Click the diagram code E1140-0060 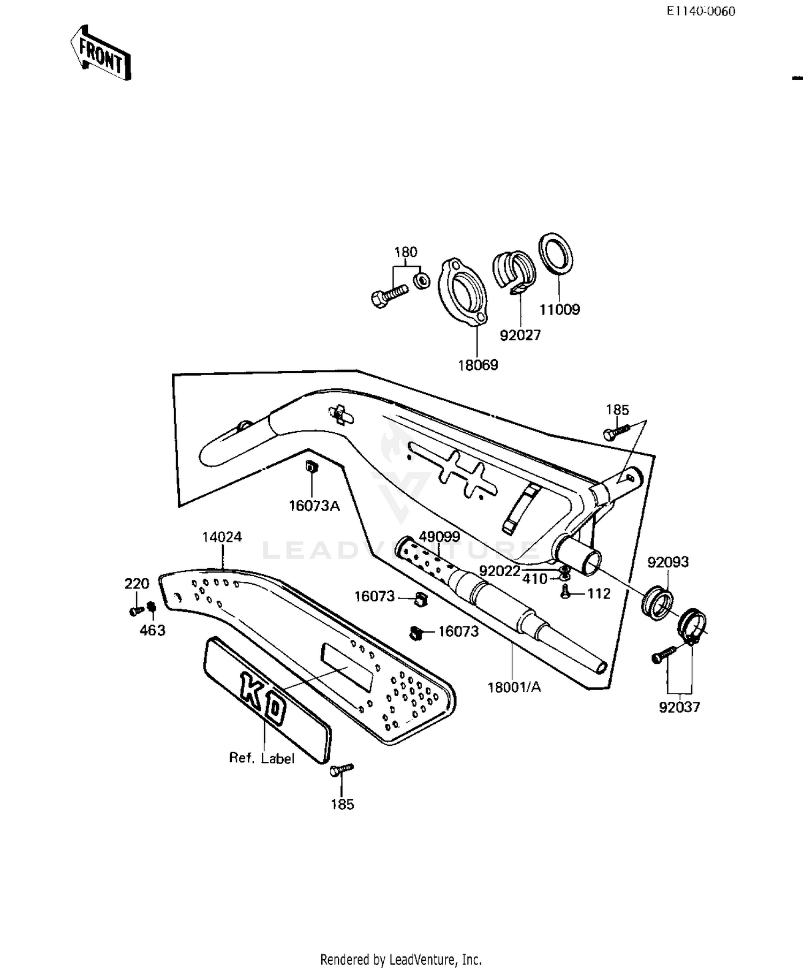pos(700,11)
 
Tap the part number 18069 pos(478,365)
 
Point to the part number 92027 pos(520,335)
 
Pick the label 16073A pos(314,506)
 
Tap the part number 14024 pos(222,537)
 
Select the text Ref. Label pos(262,758)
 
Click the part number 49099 pos(439,536)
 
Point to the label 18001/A pos(514,687)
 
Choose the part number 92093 pos(668,562)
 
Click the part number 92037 pos(679,707)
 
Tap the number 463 pos(153,631)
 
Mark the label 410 pos(534,579)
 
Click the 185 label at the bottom pos(342,805)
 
